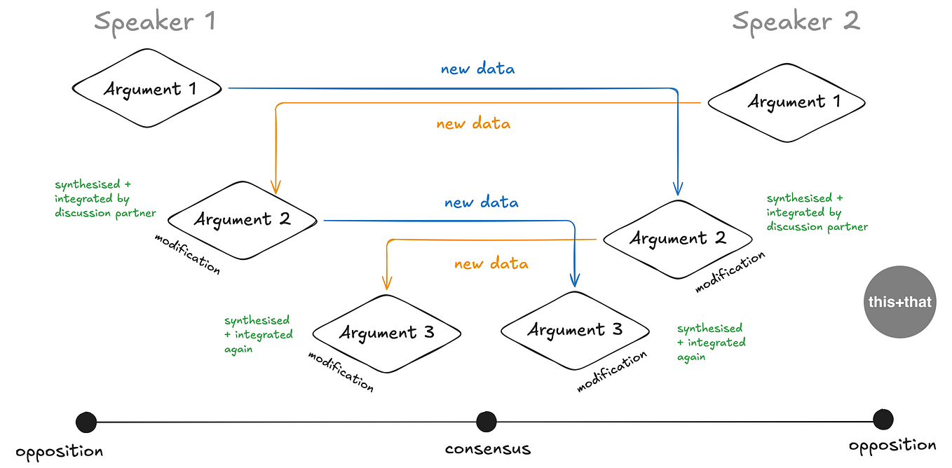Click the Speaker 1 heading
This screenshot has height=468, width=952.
tap(155, 22)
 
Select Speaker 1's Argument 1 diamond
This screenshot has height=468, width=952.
tap(147, 88)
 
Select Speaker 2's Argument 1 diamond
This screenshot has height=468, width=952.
tap(787, 103)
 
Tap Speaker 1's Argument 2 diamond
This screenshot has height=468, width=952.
tap(243, 220)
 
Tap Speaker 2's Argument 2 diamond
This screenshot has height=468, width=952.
tap(678, 239)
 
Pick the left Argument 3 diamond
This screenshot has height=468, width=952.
tap(387, 333)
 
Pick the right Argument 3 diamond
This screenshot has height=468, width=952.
tap(575, 331)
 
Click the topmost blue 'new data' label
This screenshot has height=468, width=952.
tap(477, 69)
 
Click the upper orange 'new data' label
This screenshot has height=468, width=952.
tap(473, 123)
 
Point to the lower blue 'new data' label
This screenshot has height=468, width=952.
tap(482, 202)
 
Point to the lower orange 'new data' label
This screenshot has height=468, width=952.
tap(491, 263)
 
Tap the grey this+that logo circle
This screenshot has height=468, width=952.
tap(899, 302)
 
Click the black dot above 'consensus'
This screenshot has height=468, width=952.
tap(487, 422)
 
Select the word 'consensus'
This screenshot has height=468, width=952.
tap(488, 449)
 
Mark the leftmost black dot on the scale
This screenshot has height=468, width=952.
tap(86, 422)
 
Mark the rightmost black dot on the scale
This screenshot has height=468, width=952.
tap(883, 420)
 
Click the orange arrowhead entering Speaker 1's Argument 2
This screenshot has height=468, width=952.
tap(276, 187)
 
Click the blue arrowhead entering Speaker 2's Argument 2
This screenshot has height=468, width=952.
tap(678, 188)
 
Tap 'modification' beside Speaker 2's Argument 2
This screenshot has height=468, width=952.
tap(730, 272)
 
